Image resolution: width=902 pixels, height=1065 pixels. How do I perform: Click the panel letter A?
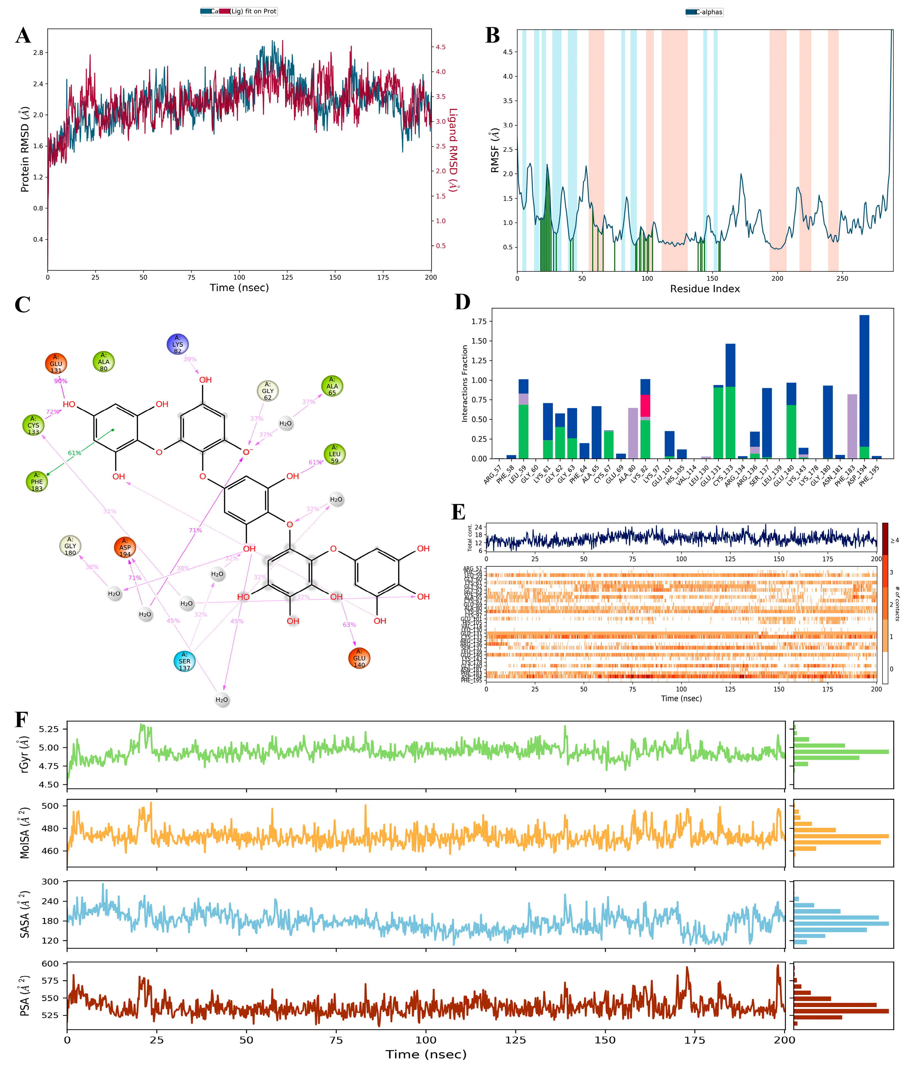coord(23,36)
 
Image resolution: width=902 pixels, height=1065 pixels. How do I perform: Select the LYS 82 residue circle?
coord(177,344)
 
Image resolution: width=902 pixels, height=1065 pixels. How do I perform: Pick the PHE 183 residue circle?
coord(37,482)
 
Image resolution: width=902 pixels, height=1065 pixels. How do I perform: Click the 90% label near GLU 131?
coord(61,381)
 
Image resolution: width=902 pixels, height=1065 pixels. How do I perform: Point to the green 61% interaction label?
coord(75,453)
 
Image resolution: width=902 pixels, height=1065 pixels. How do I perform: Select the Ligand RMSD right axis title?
coord(453,149)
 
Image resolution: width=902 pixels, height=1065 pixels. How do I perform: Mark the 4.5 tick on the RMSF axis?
coord(507,52)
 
